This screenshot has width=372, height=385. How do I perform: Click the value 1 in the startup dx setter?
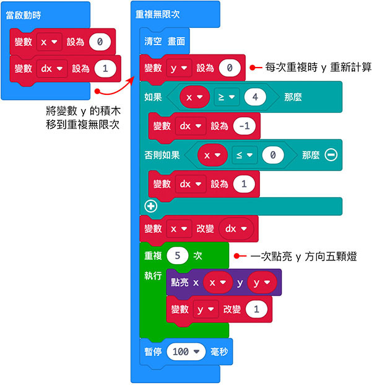click(x=105, y=69)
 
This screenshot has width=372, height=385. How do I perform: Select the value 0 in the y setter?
click(x=229, y=68)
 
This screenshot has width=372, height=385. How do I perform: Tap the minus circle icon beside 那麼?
click(x=331, y=154)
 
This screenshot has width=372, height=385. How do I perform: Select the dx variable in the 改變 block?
click(x=236, y=228)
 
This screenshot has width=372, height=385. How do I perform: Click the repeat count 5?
click(x=178, y=255)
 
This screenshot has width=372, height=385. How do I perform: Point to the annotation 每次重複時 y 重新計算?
click(x=318, y=66)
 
